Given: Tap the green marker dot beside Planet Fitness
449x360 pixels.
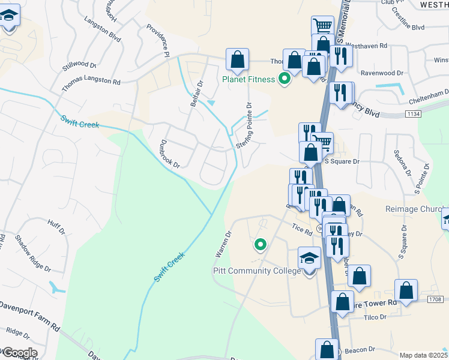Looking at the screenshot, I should pos(285,79).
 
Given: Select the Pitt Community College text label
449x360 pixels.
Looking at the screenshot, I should pos(257,271).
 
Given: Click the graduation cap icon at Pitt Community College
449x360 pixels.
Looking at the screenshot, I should pos(309,259).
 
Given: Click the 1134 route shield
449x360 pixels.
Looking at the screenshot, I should pos(414,113).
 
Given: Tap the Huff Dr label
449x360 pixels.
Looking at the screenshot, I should pos(55,227).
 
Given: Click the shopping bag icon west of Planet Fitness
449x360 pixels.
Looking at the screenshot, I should pos(237,59).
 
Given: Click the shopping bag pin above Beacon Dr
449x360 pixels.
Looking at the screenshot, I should pos(327,350).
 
